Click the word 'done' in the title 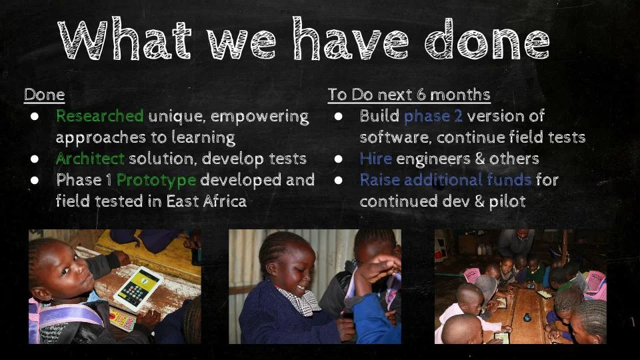487,39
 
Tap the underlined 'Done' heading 45,95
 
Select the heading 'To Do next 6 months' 409,95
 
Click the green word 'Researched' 99,116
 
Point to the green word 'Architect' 90,159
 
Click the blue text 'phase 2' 433,116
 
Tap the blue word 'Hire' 375,159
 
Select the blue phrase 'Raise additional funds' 445,179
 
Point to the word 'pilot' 507,201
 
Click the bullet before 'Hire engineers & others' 339,159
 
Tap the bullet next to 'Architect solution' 35,159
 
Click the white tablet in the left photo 139,288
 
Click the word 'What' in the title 125,39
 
